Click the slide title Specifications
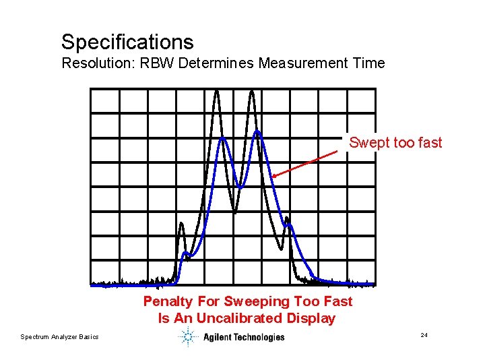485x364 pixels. pos(127,42)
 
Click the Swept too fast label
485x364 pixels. pos(395,142)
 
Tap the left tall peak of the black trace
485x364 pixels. pos(217,92)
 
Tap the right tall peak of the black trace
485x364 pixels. pos(252,92)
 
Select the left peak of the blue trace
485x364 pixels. pos(222,139)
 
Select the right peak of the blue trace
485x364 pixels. pos(257,132)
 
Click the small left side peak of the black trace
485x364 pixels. pos(181,224)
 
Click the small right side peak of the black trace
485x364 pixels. pos(288,219)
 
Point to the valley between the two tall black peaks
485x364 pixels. pos(234,210)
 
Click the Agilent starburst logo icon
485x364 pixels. pos(187,337)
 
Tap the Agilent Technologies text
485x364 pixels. pos(244,337)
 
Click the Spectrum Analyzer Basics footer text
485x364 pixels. pos(59,337)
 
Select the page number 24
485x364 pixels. pos(424,335)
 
